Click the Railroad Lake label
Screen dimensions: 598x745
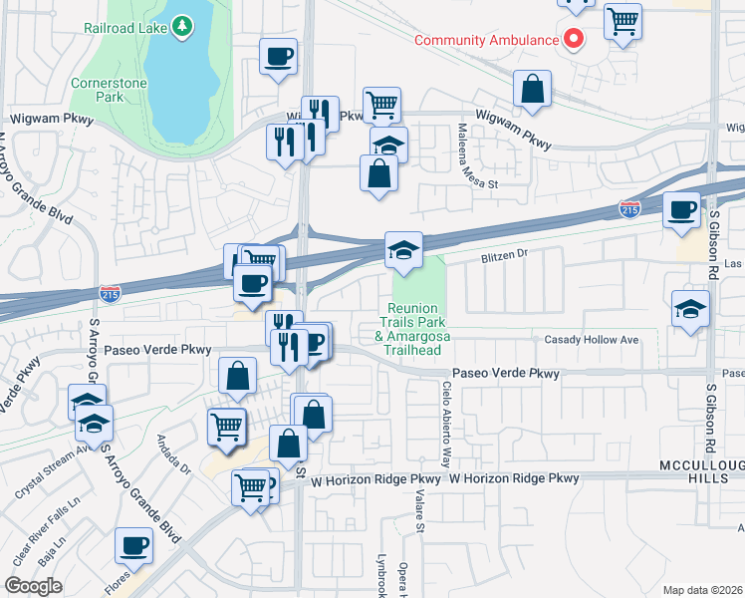[x=125, y=27]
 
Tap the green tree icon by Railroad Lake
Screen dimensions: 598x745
[x=182, y=27]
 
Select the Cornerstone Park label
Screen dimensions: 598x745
[x=97, y=90]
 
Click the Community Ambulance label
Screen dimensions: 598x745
[x=485, y=40]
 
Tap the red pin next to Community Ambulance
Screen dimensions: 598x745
[x=573, y=39]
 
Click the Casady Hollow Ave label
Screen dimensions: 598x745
[x=591, y=340]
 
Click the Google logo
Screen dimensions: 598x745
[x=33, y=586]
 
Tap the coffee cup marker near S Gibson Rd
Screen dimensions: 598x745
[x=682, y=210]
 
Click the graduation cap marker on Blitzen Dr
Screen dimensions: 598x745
[x=404, y=250]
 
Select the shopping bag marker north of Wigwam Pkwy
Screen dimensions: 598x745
[x=534, y=89]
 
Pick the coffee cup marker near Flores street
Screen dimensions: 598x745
[x=133, y=546]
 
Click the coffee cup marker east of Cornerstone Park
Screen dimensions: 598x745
[x=279, y=56]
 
